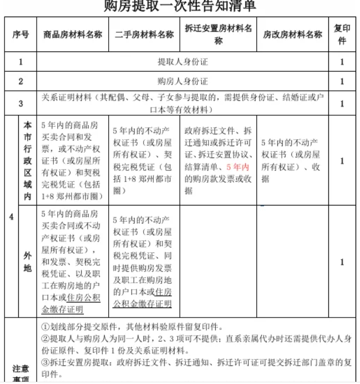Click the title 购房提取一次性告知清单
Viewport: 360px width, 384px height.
(180, 6)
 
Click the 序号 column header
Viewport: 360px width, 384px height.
(21, 34)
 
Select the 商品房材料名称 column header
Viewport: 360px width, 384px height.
(73, 34)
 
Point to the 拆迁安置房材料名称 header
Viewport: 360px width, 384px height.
(218, 34)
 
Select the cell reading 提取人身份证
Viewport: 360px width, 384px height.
(182, 62)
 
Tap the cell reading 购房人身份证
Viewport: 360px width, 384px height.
(182, 81)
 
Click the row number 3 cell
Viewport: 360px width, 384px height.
(21, 103)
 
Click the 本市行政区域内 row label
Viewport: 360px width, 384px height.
(27, 161)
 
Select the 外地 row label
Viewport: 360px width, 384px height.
(27, 261)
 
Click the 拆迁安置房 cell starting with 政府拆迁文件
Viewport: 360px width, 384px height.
(218, 161)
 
